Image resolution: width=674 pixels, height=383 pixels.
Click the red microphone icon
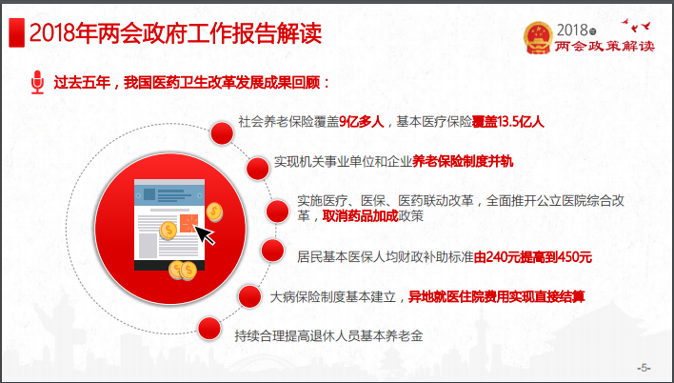(x=37, y=82)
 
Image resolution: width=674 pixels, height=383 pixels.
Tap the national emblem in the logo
(x=538, y=37)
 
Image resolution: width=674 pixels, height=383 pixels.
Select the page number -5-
(x=644, y=368)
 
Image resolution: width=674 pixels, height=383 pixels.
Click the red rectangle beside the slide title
(x=16, y=32)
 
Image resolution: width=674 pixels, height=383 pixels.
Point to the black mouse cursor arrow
(x=205, y=233)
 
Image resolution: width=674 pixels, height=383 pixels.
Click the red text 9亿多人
(x=361, y=122)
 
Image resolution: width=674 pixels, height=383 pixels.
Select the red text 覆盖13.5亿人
(x=508, y=122)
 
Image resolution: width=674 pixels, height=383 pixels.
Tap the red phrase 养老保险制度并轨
(x=463, y=161)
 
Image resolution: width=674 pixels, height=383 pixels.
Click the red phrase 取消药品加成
(x=360, y=216)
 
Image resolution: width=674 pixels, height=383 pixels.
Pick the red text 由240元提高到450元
(x=532, y=257)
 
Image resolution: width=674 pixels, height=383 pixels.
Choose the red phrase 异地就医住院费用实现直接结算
(x=496, y=296)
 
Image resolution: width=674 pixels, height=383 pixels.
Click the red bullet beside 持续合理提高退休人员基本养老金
(x=209, y=329)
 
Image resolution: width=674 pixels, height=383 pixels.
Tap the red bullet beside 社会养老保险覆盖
(x=222, y=133)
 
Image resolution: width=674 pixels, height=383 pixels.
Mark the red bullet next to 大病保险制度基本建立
(x=249, y=296)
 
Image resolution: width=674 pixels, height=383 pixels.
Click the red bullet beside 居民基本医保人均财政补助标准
(x=272, y=251)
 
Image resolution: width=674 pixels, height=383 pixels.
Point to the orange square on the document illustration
(x=188, y=223)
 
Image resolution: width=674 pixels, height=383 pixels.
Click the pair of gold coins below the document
(x=183, y=271)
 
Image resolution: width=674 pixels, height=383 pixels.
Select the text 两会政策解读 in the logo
(x=605, y=46)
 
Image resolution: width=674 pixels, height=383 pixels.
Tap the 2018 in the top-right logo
(x=572, y=30)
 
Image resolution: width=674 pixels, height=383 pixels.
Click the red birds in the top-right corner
(x=636, y=26)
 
